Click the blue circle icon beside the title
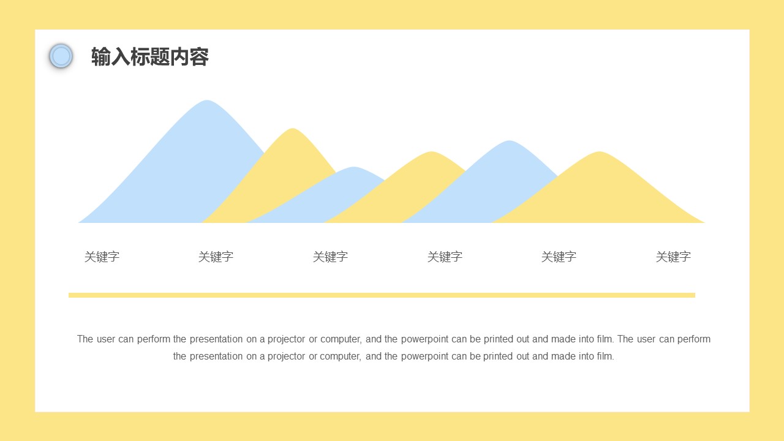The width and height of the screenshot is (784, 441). pyautogui.click(x=61, y=56)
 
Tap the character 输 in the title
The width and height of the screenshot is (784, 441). pyautogui.click(x=100, y=57)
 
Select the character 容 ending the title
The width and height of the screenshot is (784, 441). pyautogui.click(x=200, y=57)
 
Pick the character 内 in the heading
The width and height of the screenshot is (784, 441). pyautogui.click(x=179, y=57)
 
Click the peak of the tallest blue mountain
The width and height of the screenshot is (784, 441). pyautogui.click(x=207, y=102)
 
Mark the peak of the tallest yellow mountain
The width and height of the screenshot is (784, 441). pyautogui.click(x=293, y=130)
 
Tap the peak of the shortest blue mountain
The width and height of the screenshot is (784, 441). pyautogui.click(x=353, y=168)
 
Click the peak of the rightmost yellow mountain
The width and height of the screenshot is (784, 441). pyautogui.click(x=599, y=153)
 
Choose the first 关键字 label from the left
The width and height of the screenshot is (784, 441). pyautogui.click(x=102, y=257)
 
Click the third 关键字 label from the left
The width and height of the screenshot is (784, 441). pyautogui.click(x=330, y=257)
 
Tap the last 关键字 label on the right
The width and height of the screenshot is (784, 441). pyautogui.click(x=673, y=257)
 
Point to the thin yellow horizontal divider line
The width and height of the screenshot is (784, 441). pyautogui.click(x=382, y=295)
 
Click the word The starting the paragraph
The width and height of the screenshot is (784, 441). pyautogui.click(x=85, y=339)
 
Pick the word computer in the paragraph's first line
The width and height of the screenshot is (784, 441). pyautogui.click(x=341, y=339)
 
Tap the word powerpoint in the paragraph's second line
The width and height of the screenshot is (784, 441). pyautogui.click(x=425, y=356)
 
